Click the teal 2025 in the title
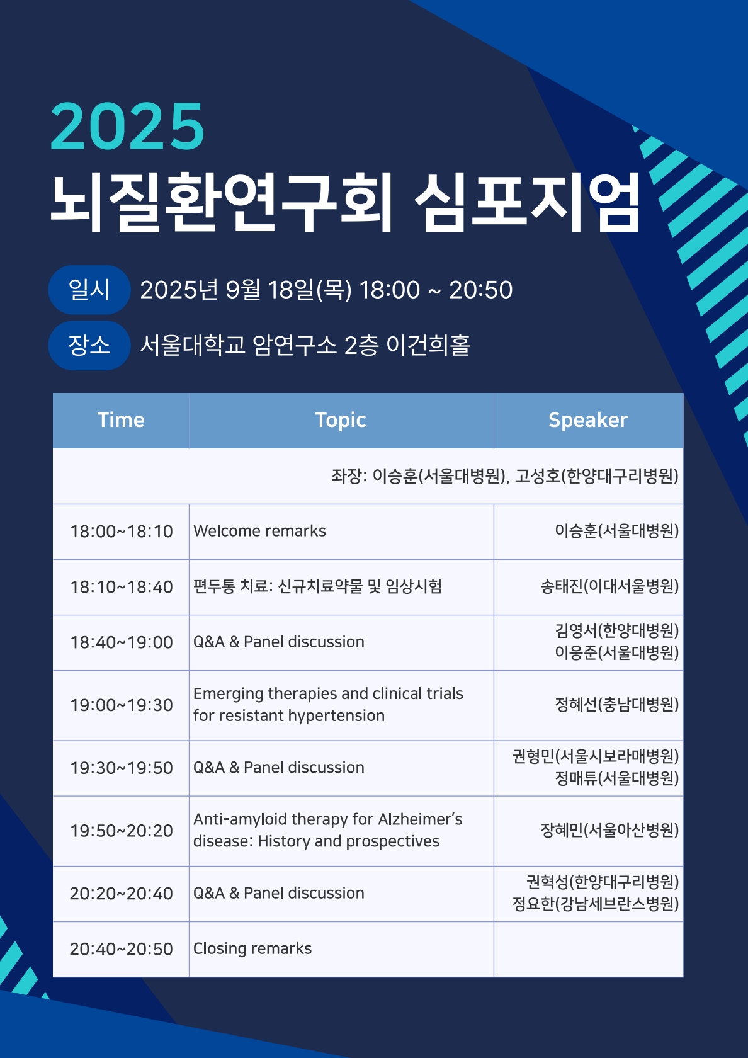pos(127,127)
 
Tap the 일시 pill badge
pos(89,290)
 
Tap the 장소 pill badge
pos(89,345)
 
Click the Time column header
pos(121,420)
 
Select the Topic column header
pos(341,420)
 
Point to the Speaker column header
pos(588,420)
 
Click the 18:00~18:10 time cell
pos(121,532)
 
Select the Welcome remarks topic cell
pos(259,531)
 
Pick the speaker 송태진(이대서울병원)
pos(609,587)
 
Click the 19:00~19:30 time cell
pos(121,705)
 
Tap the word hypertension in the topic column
pos(336,716)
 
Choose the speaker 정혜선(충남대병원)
pos(616,705)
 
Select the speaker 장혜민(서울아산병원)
pos(609,831)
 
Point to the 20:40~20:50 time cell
pos(121,949)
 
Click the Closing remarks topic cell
pos(252,948)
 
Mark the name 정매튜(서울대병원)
pos(616,779)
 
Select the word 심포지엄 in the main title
pos(528,202)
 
